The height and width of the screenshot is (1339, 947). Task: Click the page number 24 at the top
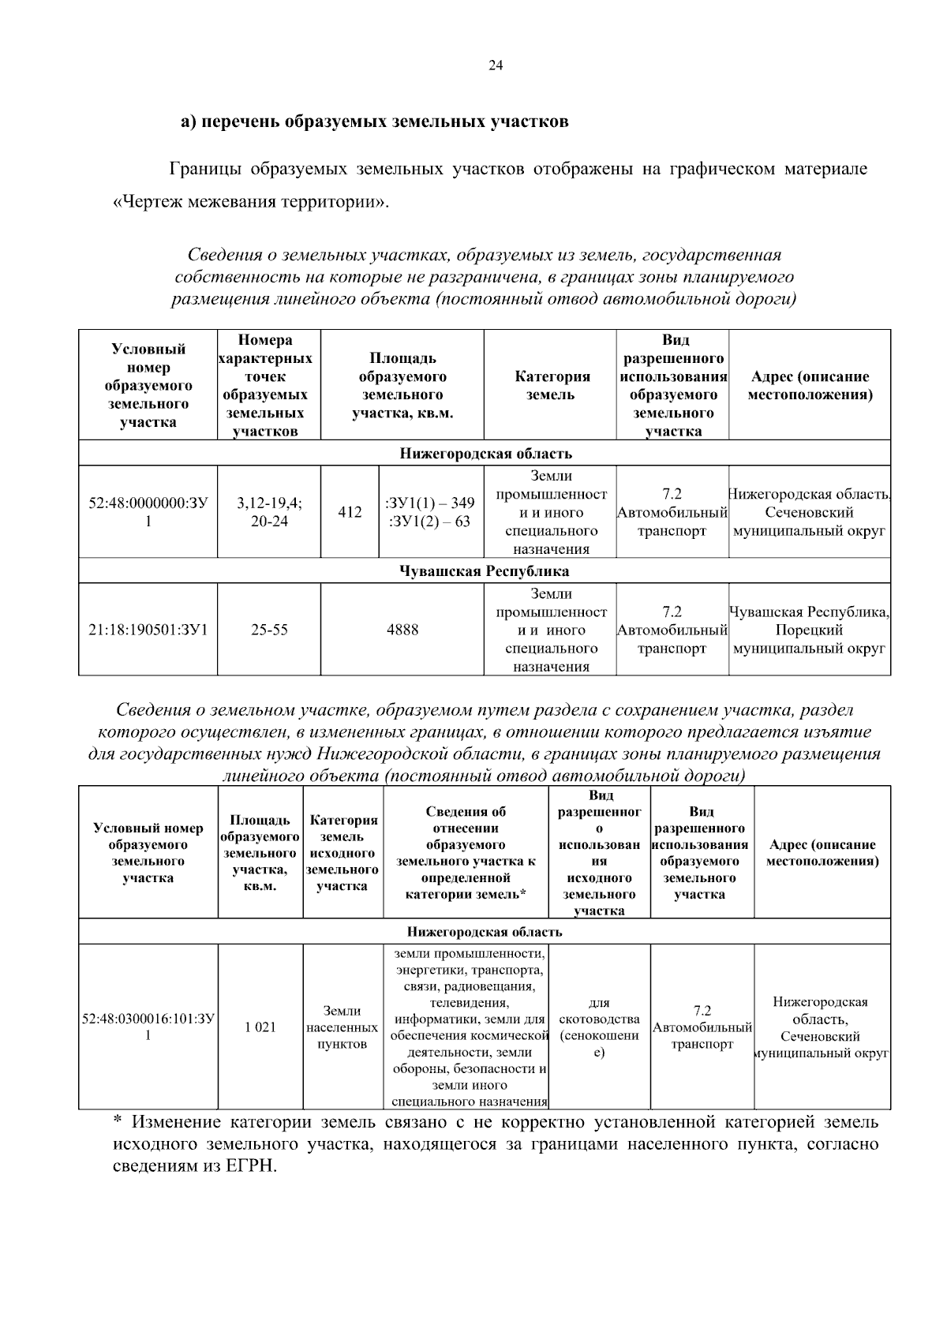496,66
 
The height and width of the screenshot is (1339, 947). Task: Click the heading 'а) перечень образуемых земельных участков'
374,122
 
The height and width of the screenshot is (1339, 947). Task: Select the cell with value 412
350,512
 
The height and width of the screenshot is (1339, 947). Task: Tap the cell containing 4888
402,630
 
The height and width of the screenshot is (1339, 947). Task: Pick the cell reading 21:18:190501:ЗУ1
148,630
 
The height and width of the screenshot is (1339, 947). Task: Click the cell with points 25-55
269,630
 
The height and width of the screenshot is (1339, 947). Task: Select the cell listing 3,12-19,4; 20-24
269,512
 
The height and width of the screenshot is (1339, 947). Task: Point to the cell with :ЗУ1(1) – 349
430,503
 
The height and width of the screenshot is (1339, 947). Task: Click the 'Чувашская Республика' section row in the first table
485,570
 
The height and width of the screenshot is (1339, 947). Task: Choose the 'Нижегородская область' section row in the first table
485,454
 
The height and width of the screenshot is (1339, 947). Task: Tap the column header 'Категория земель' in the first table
550,386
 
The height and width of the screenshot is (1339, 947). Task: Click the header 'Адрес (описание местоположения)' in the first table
810,386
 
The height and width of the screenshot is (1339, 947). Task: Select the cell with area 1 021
260,1027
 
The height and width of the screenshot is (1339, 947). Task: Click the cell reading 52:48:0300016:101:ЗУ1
148,1027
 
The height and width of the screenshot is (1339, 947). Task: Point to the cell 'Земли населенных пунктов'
342,1027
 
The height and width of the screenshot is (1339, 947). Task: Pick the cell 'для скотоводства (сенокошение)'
599,1027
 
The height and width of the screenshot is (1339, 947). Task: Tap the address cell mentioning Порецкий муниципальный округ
810,630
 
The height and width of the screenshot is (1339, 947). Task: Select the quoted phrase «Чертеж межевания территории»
252,201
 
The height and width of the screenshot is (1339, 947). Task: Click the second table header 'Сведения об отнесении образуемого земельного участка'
466,852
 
